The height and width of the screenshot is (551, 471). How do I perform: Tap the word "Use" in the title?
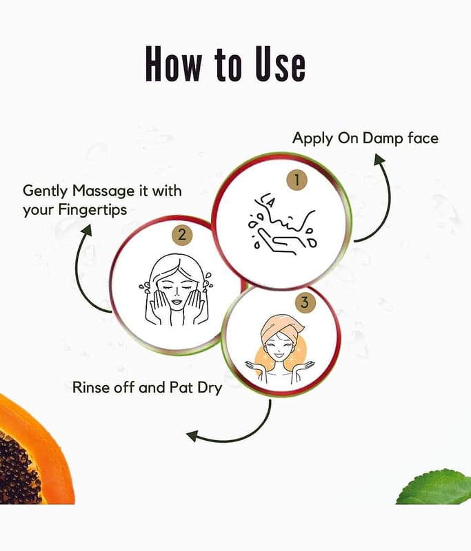(280, 64)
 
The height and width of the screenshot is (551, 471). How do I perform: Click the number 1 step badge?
(297, 180)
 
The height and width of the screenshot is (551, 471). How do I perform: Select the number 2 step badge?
(182, 234)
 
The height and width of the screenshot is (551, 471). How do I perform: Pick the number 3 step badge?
(305, 302)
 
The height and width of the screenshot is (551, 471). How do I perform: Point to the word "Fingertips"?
(92, 211)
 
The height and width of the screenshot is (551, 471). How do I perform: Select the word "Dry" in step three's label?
(210, 388)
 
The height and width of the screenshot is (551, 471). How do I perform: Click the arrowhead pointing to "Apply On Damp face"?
(379, 159)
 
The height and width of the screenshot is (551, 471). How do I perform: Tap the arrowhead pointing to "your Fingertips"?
(86, 231)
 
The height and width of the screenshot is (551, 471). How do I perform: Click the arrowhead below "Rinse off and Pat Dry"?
(192, 436)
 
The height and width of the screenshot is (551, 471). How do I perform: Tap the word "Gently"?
(45, 192)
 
